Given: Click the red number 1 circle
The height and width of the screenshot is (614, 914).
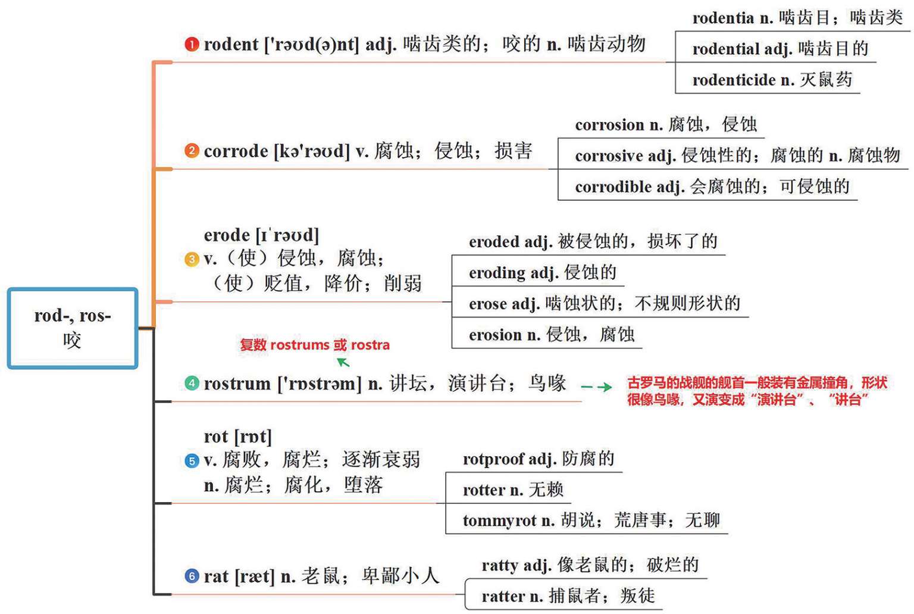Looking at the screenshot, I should point(192,45).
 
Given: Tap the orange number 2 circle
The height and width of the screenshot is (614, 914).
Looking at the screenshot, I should point(192,151).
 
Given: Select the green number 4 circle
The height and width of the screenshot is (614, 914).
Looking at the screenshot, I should point(192,383).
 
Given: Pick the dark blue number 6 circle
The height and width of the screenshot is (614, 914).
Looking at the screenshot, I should point(192,576).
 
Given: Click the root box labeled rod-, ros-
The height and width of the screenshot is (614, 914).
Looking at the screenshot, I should point(73,328).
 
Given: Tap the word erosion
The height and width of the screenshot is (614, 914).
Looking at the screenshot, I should point(496,335).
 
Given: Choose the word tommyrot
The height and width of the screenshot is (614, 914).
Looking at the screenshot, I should point(499,521).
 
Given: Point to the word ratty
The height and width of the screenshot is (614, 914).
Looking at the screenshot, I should point(500,565).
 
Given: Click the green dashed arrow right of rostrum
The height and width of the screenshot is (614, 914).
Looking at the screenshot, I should point(596,387).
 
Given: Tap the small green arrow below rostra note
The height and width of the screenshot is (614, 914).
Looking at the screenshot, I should point(343,361).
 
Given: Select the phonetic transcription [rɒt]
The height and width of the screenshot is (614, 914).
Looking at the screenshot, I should point(253,437).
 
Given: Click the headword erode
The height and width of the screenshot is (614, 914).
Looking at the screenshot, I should point(226,235).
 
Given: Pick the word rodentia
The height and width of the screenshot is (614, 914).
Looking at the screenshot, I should point(723,18).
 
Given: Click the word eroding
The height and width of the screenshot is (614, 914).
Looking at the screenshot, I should point(497,273).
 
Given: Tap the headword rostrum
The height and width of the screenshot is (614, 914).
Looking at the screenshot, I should point(237,384).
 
